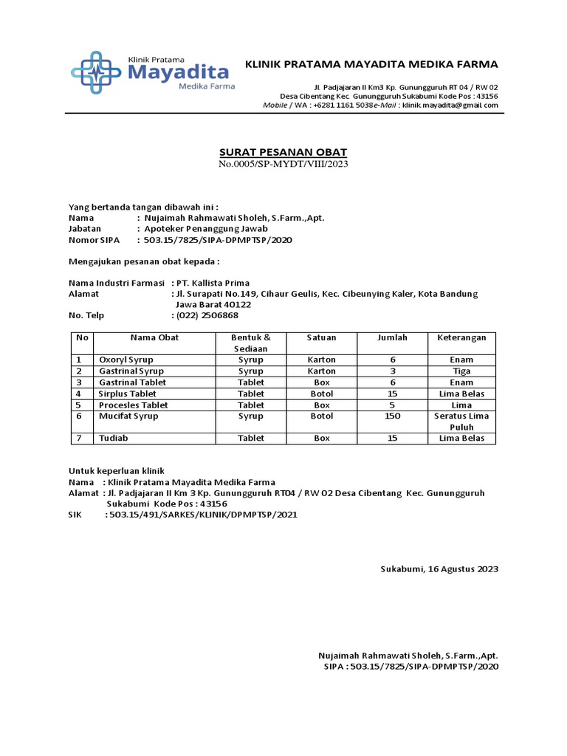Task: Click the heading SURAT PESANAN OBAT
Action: tap(283, 152)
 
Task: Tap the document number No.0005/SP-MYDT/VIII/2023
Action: tap(283, 164)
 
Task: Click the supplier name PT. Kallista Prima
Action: tap(213, 283)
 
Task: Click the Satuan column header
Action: tap(321, 337)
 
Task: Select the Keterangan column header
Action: tap(461, 337)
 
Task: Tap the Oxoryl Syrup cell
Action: tap(126, 360)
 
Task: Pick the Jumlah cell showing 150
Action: tap(392, 416)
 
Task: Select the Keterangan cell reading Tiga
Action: tap(461, 371)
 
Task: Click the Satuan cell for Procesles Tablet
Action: tap(321, 405)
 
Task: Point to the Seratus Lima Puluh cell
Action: tap(461, 422)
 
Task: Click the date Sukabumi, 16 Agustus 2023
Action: tap(439, 569)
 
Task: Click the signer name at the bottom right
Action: tap(408, 656)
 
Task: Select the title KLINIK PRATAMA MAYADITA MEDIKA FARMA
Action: tap(371, 64)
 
